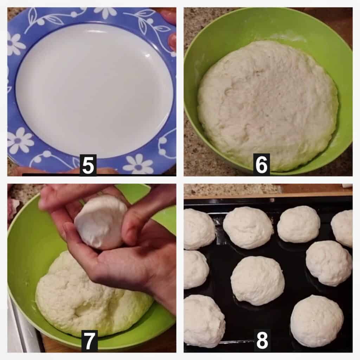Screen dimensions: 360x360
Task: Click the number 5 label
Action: click(88, 165)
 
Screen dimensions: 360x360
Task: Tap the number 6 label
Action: click(261, 165)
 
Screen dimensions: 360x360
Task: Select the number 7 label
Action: click(89, 341)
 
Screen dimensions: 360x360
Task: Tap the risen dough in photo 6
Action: click(268, 104)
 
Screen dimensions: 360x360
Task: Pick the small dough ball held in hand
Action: click(101, 221)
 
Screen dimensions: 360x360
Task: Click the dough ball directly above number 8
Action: click(258, 281)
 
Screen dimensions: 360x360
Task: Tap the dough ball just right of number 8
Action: click(317, 321)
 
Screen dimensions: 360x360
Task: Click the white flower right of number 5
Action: click(138, 164)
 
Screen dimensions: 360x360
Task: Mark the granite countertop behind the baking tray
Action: click(232, 190)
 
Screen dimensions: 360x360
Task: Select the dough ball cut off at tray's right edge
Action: click(342, 228)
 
